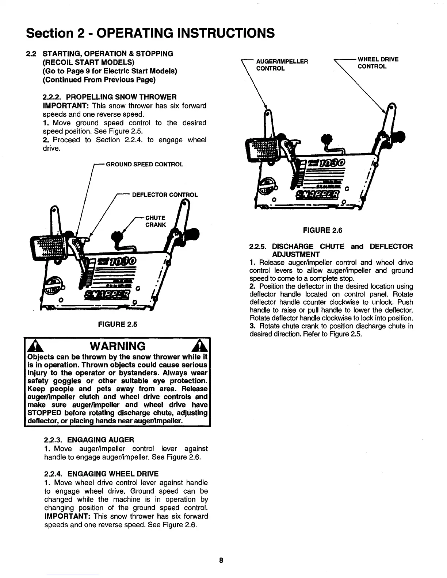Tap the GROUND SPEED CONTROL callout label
[144, 164]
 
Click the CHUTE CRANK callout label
[156, 221]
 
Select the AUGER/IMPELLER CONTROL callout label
[282, 65]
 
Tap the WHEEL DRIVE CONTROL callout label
[378, 63]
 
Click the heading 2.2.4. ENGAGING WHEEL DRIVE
[101, 474]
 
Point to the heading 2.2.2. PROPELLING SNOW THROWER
[110, 97]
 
